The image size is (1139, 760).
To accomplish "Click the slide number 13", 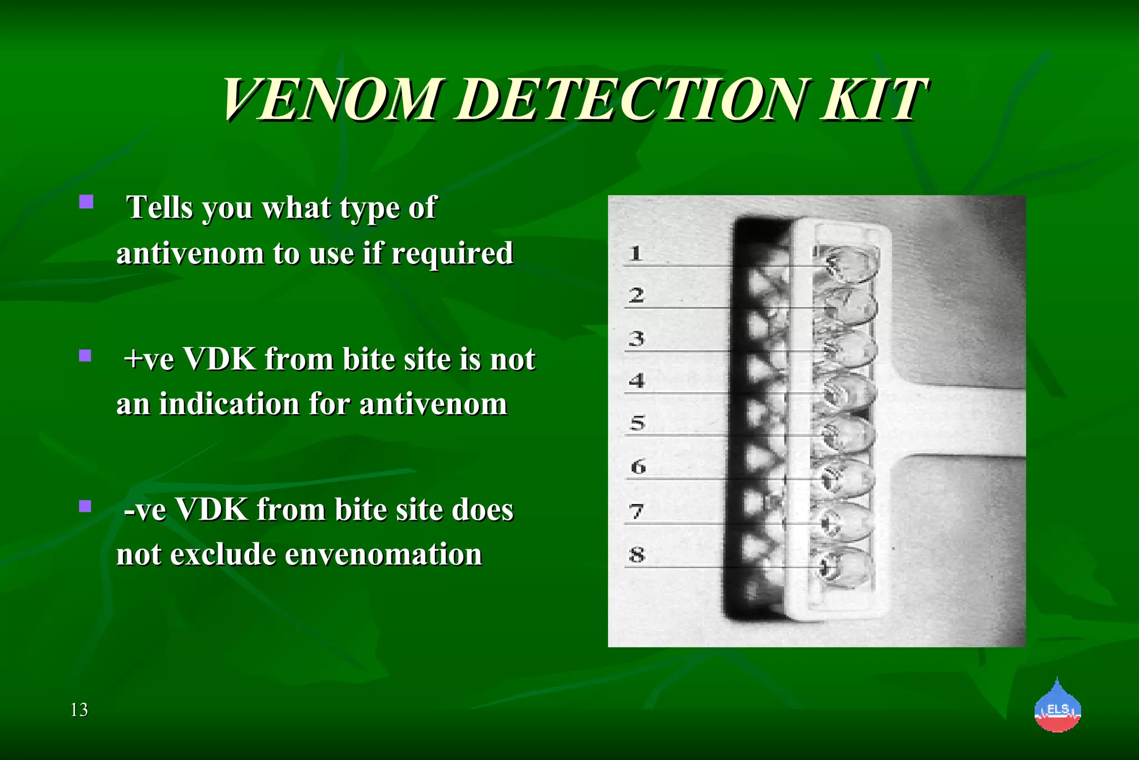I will coord(79,710).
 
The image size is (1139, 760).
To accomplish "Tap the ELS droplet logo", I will coord(1057,707).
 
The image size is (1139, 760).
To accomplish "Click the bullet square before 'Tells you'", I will coord(86,201).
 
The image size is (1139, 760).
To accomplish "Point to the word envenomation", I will coord(382,554).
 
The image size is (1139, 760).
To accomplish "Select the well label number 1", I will coord(636,254).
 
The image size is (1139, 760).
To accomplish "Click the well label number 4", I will coord(636,381).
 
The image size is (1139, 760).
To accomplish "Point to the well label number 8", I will coord(637,555).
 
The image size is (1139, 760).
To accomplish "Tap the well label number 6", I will coord(638,466).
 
